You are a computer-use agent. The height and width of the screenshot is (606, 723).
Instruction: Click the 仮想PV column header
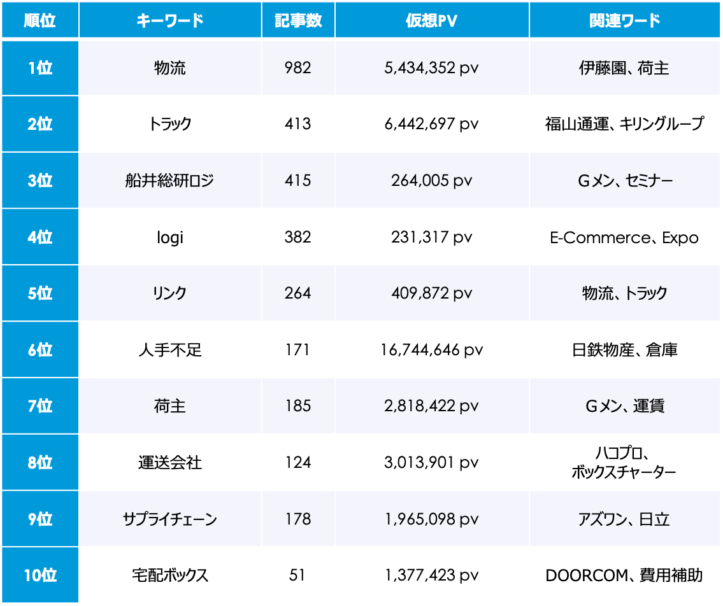(x=431, y=20)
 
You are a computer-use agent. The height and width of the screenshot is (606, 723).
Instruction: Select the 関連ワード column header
(x=624, y=20)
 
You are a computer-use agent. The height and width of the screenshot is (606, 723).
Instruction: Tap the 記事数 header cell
(x=298, y=20)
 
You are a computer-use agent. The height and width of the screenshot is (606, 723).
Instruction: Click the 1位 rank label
(x=40, y=68)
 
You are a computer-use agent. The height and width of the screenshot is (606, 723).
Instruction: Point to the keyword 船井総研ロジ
(x=169, y=181)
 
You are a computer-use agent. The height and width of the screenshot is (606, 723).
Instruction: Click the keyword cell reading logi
(x=169, y=237)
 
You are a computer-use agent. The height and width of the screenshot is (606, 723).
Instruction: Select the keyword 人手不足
(x=169, y=349)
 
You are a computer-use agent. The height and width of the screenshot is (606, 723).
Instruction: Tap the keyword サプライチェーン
(x=169, y=519)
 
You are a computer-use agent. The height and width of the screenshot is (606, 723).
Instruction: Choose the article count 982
(x=298, y=68)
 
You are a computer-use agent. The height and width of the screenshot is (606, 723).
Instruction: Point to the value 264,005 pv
(x=431, y=181)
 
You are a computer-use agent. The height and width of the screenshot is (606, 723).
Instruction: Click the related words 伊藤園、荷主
(x=624, y=68)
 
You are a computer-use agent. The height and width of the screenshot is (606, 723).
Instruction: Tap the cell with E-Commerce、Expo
(x=624, y=237)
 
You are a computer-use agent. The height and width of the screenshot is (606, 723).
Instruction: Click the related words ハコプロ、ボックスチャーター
(x=624, y=463)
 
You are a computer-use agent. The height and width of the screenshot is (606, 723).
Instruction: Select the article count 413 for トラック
(x=298, y=123)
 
